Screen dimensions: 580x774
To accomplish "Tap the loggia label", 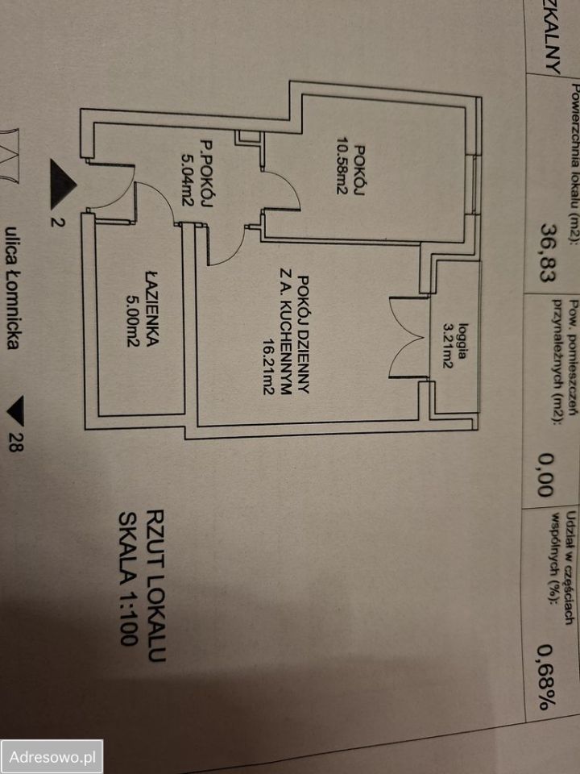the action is (463, 340).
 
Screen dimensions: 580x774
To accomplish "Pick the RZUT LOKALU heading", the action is (155, 585).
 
